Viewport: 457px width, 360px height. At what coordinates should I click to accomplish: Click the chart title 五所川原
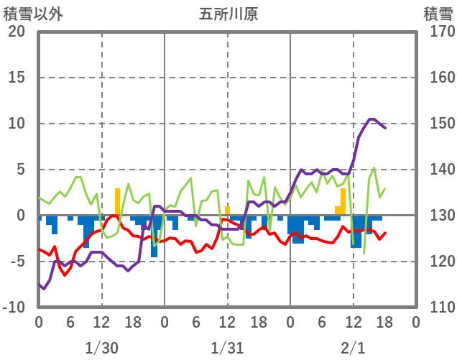pyautogui.click(x=228, y=14)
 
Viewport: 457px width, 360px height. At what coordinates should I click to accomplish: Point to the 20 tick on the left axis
pyautogui.click(x=17, y=32)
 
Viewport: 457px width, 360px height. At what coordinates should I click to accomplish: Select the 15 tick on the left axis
pyautogui.click(x=17, y=78)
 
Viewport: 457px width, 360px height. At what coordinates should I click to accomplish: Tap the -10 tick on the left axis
pyautogui.click(x=14, y=308)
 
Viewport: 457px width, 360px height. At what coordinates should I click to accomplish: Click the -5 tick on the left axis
pyautogui.click(x=17, y=262)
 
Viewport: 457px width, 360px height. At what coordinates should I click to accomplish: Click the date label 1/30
pyautogui.click(x=101, y=348)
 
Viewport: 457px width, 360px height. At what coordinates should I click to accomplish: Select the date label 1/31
pyautogui.click(x=227, y=348)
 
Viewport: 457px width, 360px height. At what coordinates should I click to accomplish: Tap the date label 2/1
pyautogui.click(x=353, y=348)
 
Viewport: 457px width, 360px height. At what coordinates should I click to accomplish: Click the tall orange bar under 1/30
pyautogui.click(x=117, y=202)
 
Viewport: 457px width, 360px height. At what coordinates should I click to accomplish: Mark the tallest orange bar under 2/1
pyautogui.click(x=343, y=202)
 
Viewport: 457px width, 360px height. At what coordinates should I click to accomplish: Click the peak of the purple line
pyautogui.click(x=371, y=119)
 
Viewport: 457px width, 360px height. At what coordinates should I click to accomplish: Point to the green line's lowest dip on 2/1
pyautogui.click(x=364, y=252)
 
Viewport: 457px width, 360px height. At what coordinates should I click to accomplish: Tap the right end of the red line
pyautogui.click(x=385, y=233)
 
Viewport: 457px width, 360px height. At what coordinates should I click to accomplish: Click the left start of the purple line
pyautogui.click(x=39, y=285)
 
